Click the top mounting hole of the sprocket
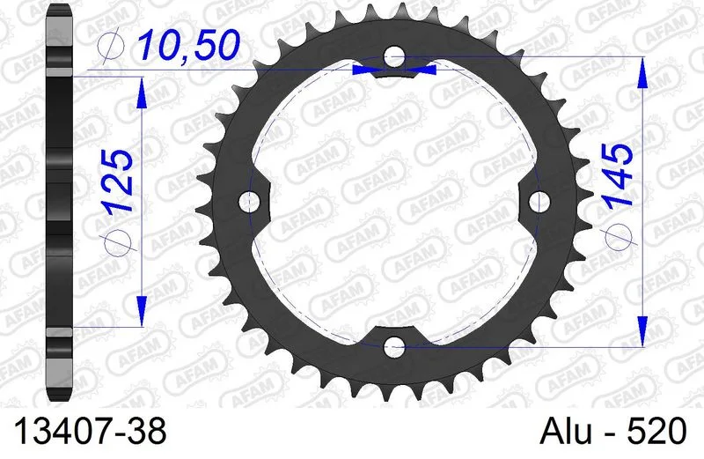coord(394,56)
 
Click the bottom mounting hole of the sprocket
coord(394,346)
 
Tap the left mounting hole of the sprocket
coord(250,202)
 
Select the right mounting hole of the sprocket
coord(539,202)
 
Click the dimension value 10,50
coord(189,46)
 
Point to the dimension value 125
coord(118,181)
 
